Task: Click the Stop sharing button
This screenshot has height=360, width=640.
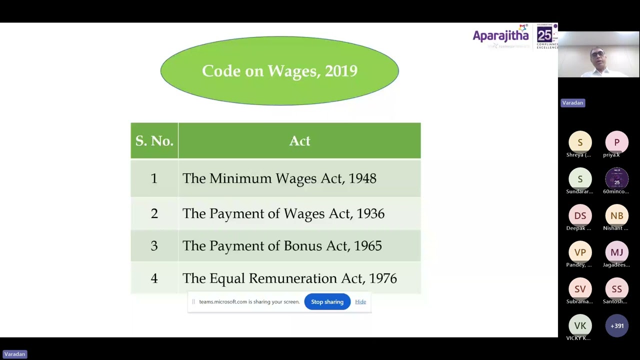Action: point(327,301)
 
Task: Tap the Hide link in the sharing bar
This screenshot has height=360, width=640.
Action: point(360,301)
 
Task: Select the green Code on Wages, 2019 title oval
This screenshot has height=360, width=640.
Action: point(279,71)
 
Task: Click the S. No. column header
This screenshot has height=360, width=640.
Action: point(154,140)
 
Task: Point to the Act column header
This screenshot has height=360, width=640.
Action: point(299,140)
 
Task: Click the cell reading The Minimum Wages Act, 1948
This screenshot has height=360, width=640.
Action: point(279,178)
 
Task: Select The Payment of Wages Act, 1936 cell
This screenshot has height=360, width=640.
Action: point(283,213)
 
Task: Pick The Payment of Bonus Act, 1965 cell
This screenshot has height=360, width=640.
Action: point(282,246)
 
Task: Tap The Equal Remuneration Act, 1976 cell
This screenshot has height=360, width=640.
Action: point(289,278)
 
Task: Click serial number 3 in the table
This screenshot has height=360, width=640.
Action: point(154,246)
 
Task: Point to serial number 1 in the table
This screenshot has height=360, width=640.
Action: point(154,178)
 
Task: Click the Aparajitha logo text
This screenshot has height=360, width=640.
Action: point(500,35)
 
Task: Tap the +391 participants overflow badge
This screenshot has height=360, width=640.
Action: point(616,326)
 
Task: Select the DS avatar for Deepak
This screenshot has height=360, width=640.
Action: point(580,215)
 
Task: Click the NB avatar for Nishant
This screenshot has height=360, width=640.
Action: point(616,215)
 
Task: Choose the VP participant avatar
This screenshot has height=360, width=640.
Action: point(580,252)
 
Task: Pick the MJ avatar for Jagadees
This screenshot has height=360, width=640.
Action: point(616,252)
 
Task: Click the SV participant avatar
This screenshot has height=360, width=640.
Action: point(580,289)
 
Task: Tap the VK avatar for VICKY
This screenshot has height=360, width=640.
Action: point(580,326)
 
